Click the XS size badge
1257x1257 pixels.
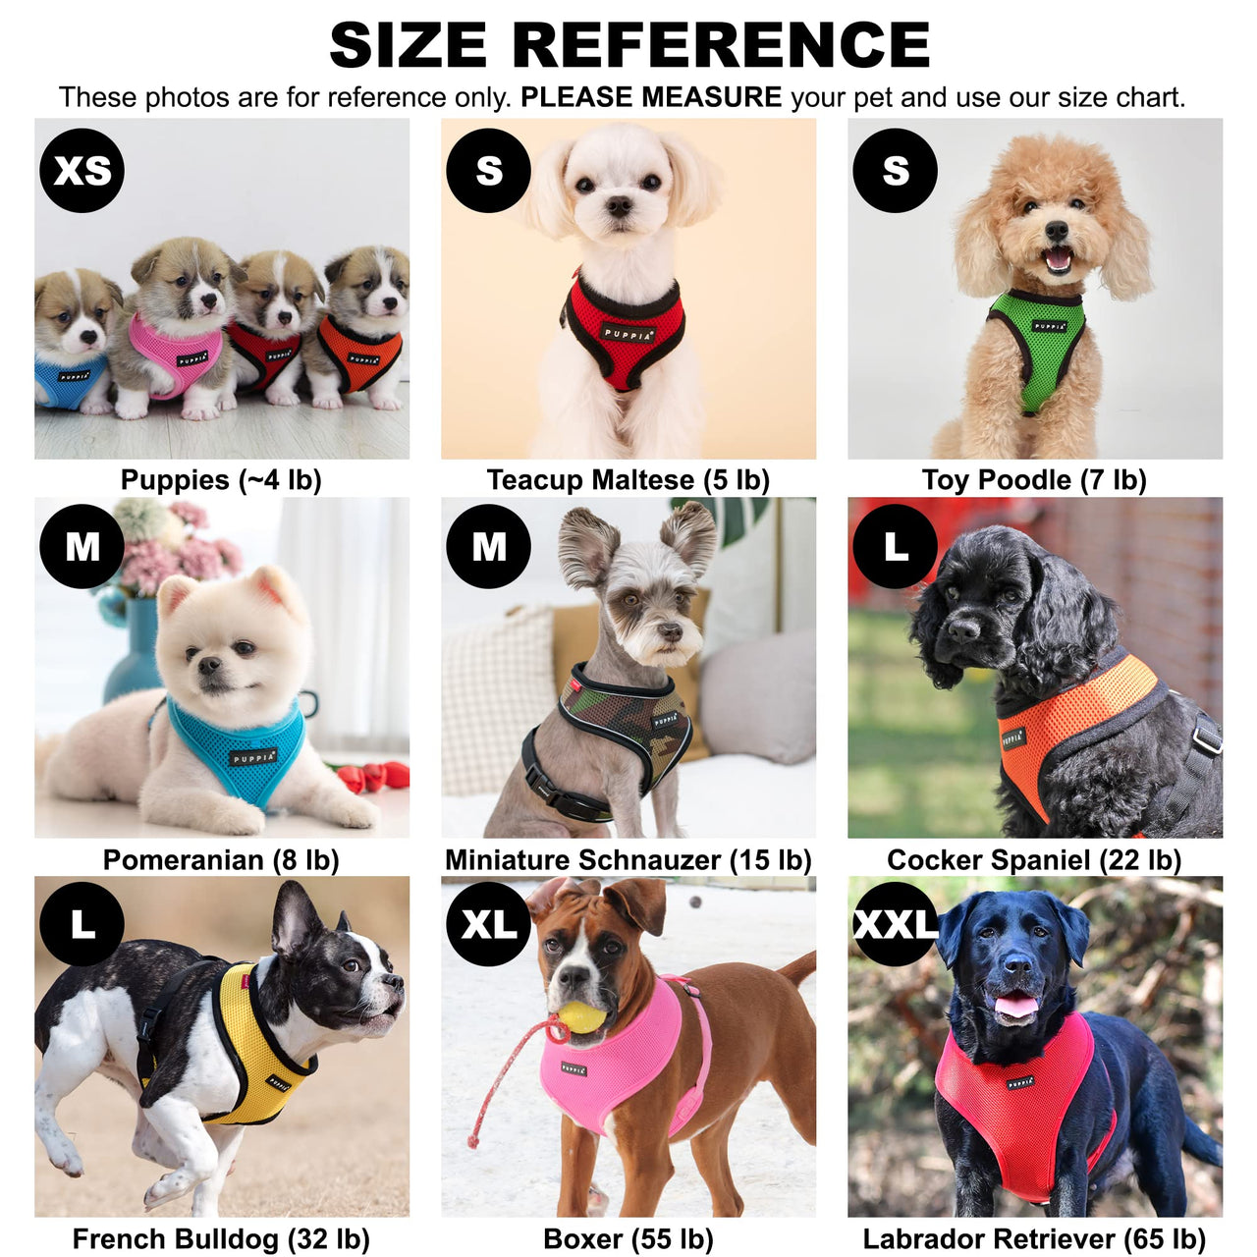point(82,171)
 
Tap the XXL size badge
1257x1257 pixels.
point(894,924)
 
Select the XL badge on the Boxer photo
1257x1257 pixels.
point(488,924)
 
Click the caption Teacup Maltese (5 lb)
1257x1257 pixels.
point(628,480)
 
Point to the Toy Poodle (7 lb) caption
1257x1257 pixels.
point(1034,480)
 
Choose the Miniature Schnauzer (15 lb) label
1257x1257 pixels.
point(628,860)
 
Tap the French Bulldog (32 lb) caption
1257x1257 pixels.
point(221,1239)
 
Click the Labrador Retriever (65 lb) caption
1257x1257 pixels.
point(1034,1239)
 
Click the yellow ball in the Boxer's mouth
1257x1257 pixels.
point(582,1015)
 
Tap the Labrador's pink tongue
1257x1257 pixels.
point(1016,1006)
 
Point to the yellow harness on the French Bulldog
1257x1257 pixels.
point(257,1056)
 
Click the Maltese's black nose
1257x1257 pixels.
point(619,206)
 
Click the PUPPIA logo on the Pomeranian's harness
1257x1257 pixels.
point(253,757)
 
